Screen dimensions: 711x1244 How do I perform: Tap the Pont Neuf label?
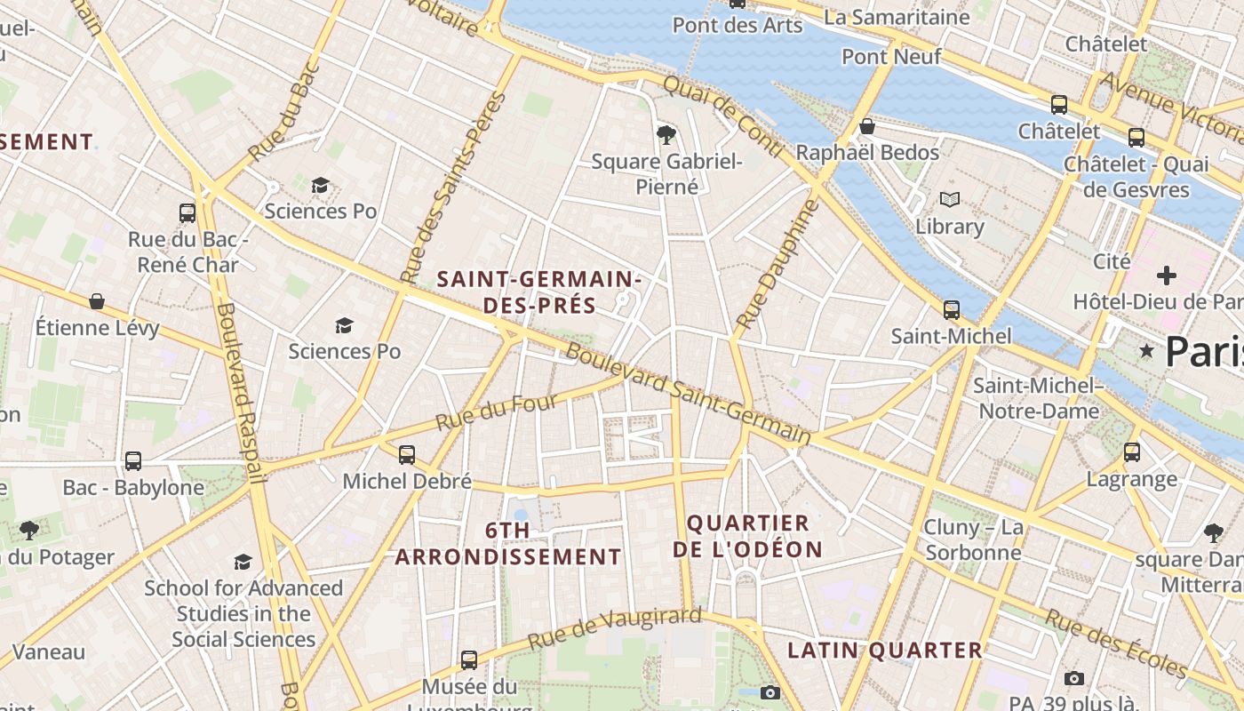pos(891,57)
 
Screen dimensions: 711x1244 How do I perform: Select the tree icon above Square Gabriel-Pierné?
pos(666,135)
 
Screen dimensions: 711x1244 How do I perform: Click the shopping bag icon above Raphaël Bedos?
pos(866,126)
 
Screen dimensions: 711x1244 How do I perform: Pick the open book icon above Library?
pos(950,200)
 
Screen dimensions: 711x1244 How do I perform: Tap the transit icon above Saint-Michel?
pos(951,310)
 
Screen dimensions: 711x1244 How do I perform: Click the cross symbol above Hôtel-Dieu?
pos(1166,276)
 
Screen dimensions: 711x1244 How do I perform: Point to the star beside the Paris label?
pos(1147,351)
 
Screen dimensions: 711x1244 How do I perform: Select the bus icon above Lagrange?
pos(1131,452)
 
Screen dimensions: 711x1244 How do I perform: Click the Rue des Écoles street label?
pos(1115,643)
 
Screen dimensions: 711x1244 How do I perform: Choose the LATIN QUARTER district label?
pos(885,651)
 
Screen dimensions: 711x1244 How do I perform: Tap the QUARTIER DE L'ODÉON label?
pos(747,536)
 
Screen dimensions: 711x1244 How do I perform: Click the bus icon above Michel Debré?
pos(406,455)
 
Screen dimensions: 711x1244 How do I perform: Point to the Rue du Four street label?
pos(497,412)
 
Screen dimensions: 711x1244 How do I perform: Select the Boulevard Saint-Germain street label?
pos(689,394)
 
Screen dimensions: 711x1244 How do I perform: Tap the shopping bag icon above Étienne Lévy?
pos(97,301)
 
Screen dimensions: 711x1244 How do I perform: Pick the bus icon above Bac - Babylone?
pos(133,461)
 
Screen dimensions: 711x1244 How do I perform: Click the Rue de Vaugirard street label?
pos(615,627)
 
